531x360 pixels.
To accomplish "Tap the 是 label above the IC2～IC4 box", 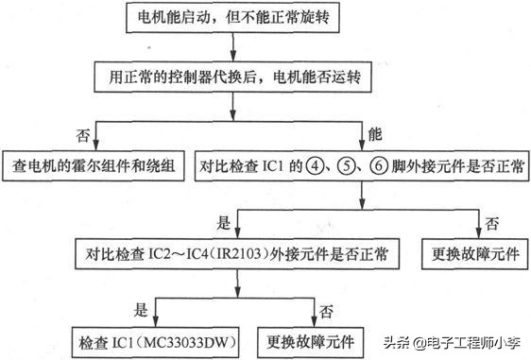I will (224, 222).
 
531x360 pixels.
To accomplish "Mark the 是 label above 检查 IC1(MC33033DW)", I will (142, 309).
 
